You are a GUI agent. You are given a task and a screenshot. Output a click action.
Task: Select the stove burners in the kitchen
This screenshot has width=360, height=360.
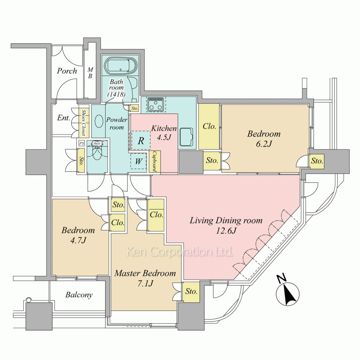click(156, 105)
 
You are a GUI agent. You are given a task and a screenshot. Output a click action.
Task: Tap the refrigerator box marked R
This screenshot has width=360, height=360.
click(141, 140)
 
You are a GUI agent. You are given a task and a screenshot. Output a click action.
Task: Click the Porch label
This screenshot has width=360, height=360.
click(67, 71)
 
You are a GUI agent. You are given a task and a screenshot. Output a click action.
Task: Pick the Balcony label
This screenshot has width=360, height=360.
click(79, 295)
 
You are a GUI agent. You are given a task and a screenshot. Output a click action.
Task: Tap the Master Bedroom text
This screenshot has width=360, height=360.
click(145, 273)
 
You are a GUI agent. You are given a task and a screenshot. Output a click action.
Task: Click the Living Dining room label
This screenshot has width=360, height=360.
click(226, 220)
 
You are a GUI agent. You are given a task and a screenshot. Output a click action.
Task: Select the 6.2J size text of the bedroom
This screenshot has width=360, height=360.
click(264, 144)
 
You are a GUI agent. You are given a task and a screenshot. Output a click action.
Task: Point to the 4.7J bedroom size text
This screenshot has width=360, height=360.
click(78, 240)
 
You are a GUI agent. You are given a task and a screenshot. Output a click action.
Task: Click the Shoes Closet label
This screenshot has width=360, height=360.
click(84, 122)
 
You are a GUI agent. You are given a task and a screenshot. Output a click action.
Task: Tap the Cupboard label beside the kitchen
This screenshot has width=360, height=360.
click(154, 161)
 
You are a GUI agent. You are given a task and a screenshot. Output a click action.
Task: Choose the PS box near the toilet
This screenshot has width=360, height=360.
click(81, 143)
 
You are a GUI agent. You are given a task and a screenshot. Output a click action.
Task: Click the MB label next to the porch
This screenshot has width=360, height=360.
click(90, 73)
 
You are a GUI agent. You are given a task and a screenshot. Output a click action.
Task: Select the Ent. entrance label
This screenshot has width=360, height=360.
click(64, 118)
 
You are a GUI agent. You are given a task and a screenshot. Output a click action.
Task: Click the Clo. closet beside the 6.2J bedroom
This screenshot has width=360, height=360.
click(209, 126)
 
